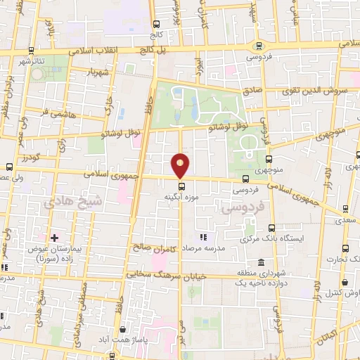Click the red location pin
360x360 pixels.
(x=181, y=166)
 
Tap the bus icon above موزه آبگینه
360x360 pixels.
(x=182, y=186)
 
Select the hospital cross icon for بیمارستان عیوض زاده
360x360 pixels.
(x=54, y=238)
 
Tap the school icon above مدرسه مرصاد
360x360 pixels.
(x=203, y=238)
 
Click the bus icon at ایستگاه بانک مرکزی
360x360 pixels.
(x=271, y=228)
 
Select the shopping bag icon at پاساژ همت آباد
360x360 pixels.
(x=124, y=328)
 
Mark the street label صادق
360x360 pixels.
(x=252, y=91)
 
